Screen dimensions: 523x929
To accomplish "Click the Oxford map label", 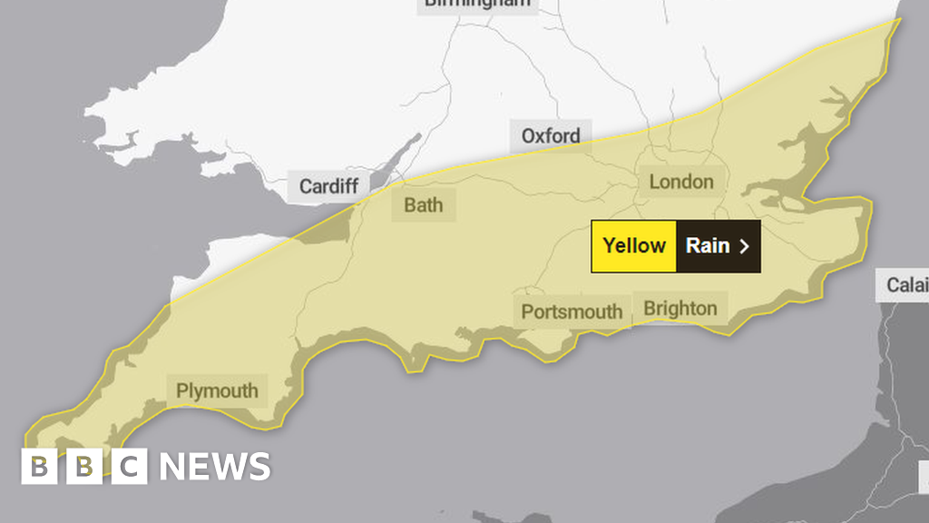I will tap(551, 136).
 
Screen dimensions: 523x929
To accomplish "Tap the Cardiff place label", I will tap(328, 187).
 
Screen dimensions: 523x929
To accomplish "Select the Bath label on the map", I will tap(424, 204).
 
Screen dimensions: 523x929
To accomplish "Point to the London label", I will tap(680, 182).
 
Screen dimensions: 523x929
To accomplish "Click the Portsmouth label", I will tap(572, 312).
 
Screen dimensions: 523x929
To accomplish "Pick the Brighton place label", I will tap(680, 308).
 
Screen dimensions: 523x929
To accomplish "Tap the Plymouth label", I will tap(217, 391).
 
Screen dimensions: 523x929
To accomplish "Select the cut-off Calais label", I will tap(906, 285).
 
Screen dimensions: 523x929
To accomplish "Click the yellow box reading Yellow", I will tap(634, 245).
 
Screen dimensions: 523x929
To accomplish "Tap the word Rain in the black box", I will tap(708, 245).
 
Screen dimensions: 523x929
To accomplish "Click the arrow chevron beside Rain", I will tap(745, 246).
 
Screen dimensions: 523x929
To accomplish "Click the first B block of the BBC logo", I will tap(38, 467).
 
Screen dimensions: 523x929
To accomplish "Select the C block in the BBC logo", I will tap(130, 467).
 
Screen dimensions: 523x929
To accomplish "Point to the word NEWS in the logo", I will tap(215, 467).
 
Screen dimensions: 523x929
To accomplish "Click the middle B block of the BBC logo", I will tap(84, 467).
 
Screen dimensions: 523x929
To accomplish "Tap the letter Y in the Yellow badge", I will tap(609, 245).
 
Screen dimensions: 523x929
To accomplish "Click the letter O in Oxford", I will tap(529, 136).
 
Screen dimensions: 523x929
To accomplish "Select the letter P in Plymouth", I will tap(181, 391).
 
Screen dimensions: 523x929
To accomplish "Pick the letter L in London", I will tap(654, 182).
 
